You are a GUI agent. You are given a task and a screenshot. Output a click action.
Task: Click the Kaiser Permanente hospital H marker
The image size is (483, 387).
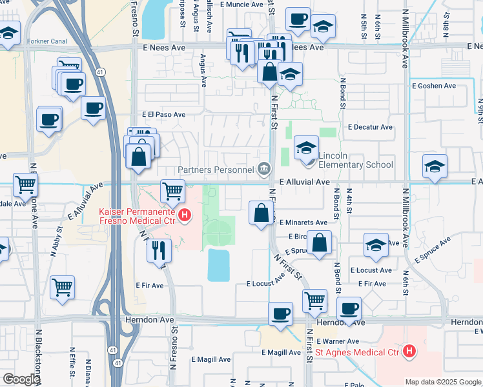185,215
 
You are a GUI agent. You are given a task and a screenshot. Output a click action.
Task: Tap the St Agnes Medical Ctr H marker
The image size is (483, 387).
408,352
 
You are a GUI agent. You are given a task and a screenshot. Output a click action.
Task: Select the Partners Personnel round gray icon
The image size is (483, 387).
264,170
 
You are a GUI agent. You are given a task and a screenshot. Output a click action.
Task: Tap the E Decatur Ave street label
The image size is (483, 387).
370,127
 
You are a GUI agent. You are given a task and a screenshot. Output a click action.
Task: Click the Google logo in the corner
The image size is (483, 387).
21,379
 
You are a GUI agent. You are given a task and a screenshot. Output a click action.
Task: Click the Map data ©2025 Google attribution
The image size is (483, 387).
442,382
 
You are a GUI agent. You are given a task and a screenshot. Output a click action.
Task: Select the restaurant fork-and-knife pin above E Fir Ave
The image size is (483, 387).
159,250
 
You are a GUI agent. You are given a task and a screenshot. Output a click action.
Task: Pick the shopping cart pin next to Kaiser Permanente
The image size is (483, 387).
172,190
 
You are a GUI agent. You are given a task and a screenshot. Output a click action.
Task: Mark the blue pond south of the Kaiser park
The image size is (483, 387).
219,265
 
